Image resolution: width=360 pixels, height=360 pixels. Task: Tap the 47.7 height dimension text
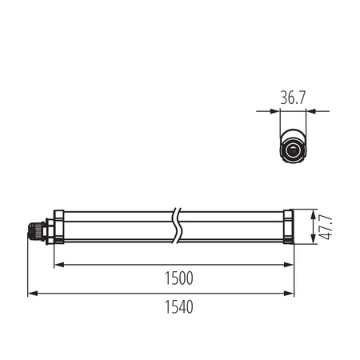(325, 228)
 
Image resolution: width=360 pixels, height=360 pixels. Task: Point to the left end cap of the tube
(58, 228)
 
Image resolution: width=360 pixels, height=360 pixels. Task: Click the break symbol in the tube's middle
(177, 228)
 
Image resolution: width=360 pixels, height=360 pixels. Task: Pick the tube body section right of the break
(232, 228)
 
